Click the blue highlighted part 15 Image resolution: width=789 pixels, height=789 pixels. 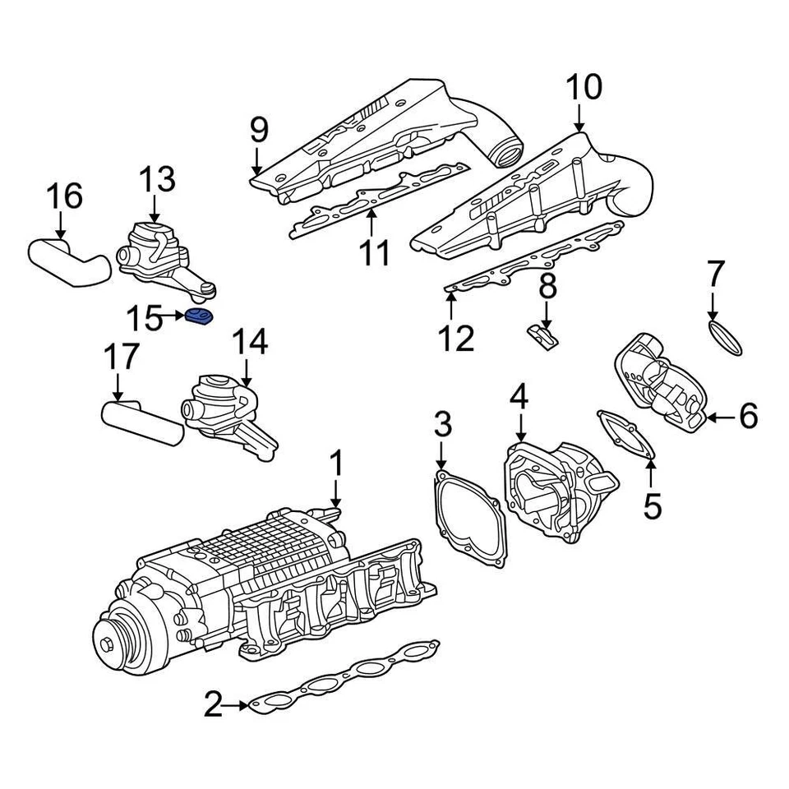(x=198, y=316)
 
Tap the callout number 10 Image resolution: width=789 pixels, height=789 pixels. (x=583, y=88)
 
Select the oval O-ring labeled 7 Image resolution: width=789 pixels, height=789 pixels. (x=725, y=338)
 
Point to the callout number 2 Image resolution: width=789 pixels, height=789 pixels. (x=213, y=704)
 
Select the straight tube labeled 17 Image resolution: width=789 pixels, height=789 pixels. (x=141, y=422)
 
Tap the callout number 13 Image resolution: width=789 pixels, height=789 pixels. (x=156, y=179)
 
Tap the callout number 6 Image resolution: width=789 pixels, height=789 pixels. (x=748, y=418)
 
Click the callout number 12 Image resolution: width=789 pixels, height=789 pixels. (x=456, y=338)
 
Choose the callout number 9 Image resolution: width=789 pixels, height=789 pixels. (x=259, y=129)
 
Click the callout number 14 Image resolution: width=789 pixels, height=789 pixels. (x=249, y=344)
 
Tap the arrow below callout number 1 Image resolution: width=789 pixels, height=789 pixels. (x=335, y=493)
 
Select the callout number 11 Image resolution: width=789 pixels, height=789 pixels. (x=376, y=253)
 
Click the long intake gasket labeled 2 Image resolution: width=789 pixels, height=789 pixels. (x=345, y=678)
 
